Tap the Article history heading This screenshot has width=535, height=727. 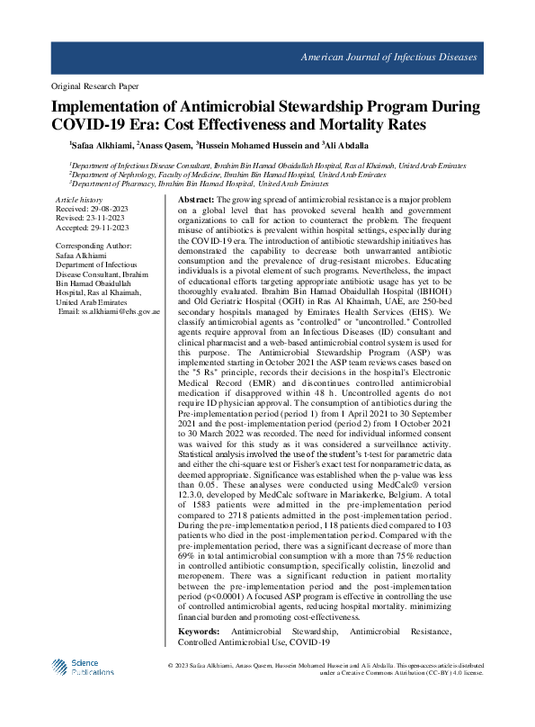[x=78, y=199]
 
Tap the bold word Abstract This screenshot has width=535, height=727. [x=196, y=199]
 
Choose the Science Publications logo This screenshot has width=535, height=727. [x=87, y=667]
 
